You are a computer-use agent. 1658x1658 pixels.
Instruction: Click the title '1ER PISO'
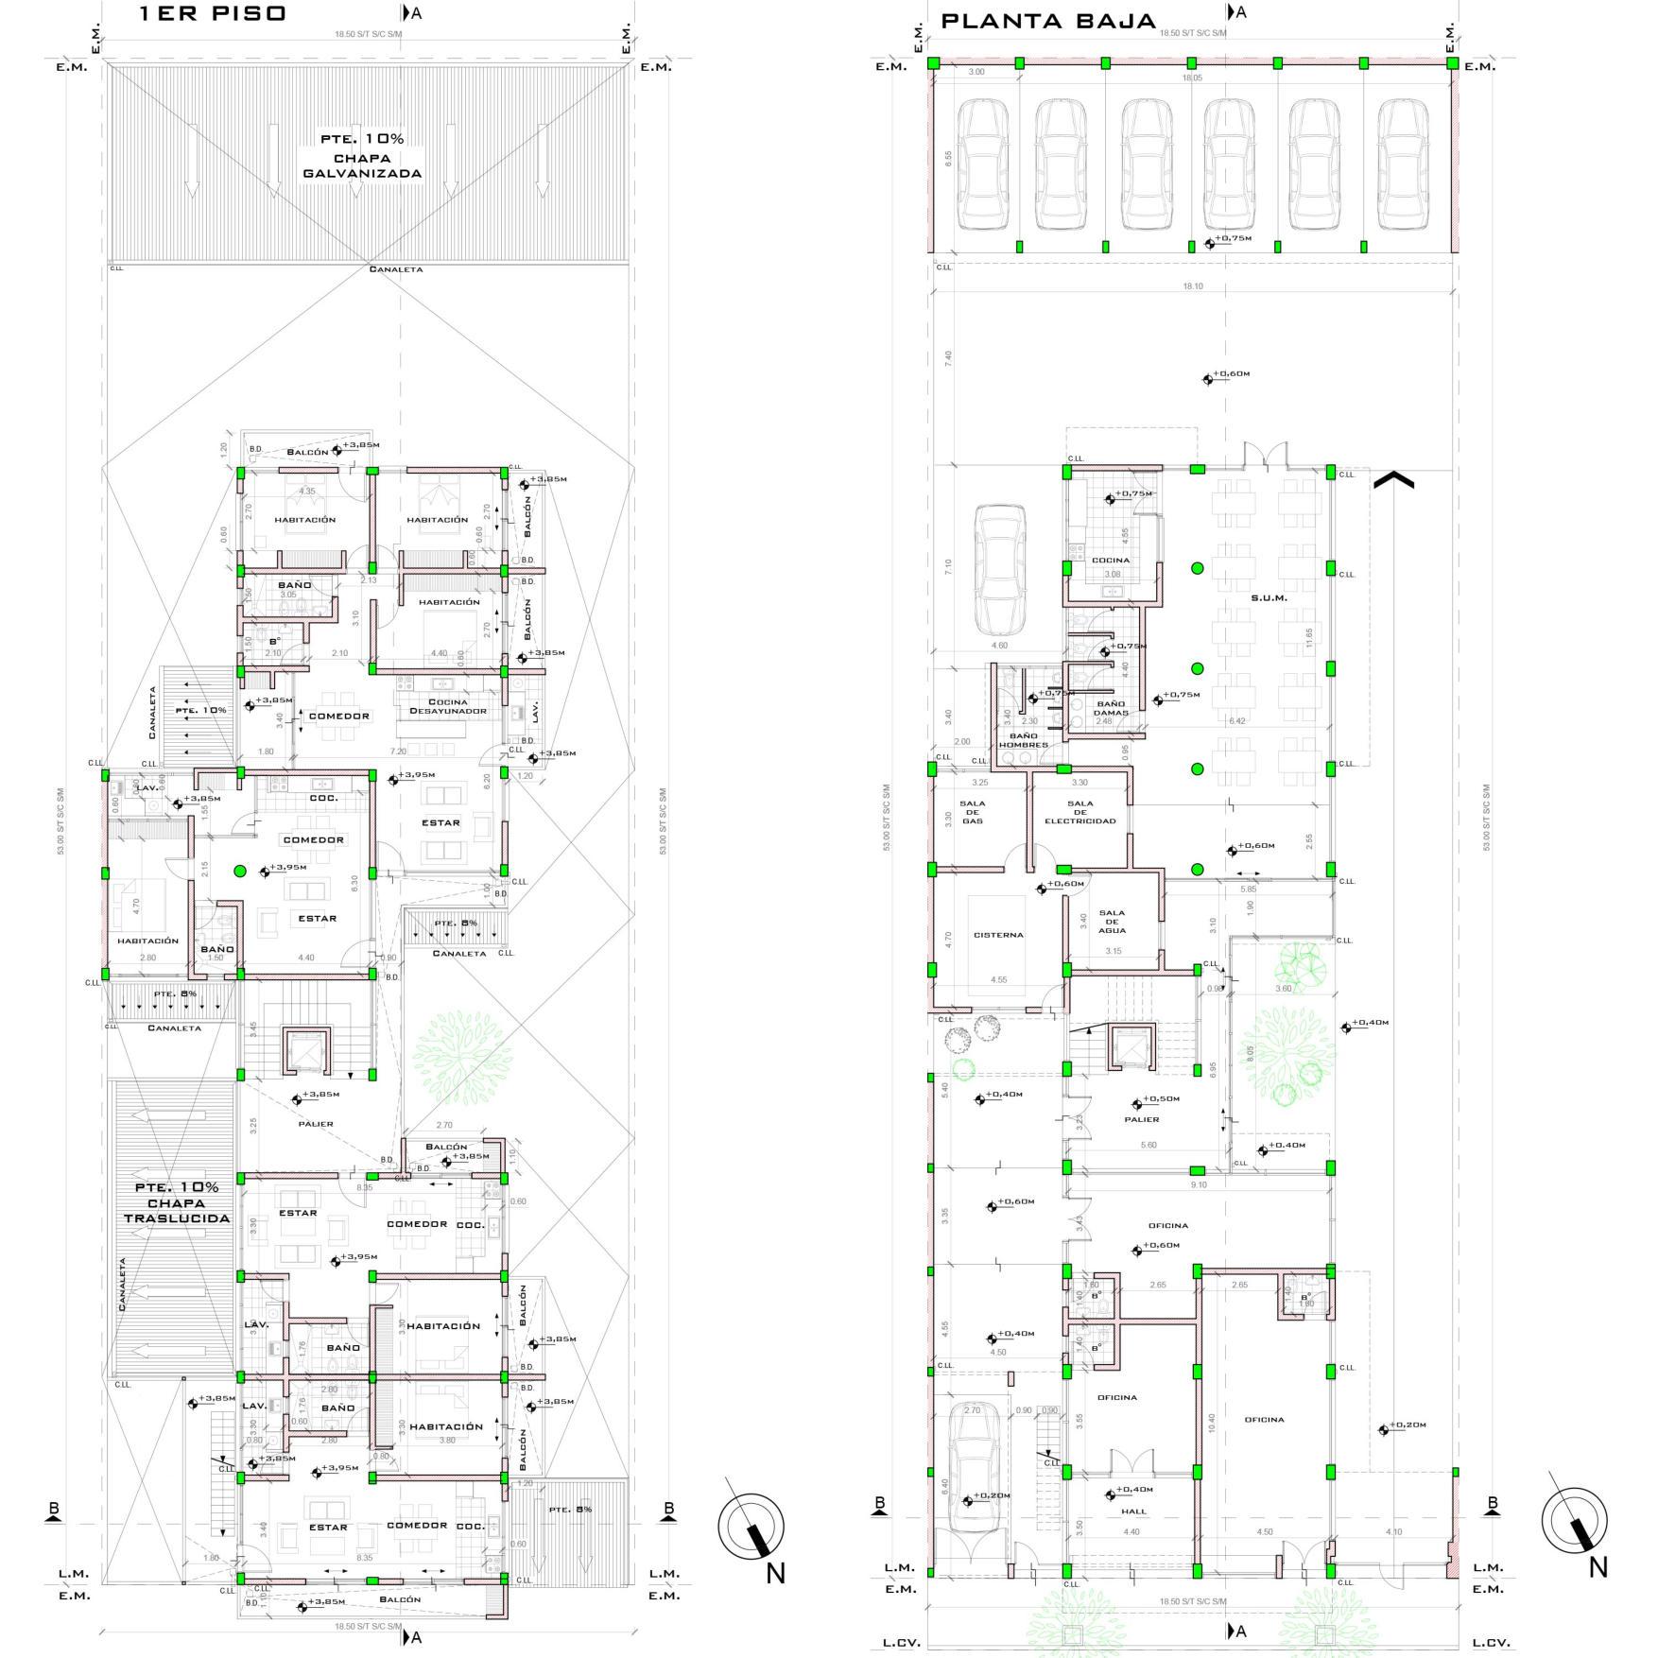(x=212, y=14)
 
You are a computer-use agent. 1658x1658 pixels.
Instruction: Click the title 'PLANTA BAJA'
(x=1048, y=21)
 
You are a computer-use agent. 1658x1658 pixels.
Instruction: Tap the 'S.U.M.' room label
(x=1269, y=597)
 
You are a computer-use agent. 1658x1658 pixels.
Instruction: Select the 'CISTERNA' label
(x=998, y=935)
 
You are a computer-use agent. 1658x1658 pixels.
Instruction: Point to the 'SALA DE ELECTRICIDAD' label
(x=1079, y=812)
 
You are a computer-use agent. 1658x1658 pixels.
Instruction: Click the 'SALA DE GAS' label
(x=972, y=812)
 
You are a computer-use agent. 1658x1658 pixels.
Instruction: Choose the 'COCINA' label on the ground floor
(x=1110, y=560)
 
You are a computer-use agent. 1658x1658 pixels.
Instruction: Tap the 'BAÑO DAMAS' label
(x=1111, y=708)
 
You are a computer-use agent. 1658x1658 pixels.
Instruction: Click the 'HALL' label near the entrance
(x=1133, y=1511)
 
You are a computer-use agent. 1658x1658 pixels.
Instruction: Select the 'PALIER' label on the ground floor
(x=1142, y=1119)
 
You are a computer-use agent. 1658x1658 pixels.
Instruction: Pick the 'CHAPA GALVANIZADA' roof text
(x=362, y=165)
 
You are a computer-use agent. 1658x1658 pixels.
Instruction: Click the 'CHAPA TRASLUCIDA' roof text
(x=177, y=1202)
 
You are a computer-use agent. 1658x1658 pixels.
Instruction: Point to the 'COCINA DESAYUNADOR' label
(x=448, y=706)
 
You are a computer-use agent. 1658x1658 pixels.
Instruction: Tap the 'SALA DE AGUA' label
(x=1112, y=922)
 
